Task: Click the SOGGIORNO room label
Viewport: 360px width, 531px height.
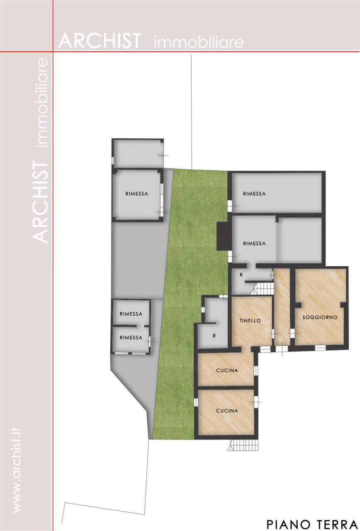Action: (x=320, y=317)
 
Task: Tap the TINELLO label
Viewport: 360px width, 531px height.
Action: (x=250, y=321)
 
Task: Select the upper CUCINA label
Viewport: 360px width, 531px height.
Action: (x=227, y=370)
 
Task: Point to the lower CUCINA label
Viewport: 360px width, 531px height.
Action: (x=227, y=411)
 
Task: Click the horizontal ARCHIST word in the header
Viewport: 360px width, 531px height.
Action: (x=100, y=41)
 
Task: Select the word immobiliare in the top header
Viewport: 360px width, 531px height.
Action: (x=199, y=42)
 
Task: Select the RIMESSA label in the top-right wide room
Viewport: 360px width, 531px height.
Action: (x=254, y=194)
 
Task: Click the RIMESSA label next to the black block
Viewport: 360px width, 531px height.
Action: (x=254, y=244)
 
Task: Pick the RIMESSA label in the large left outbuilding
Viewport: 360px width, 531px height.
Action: (x=136, y=194)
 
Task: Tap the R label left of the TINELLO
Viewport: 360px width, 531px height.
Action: (x=214, y=336)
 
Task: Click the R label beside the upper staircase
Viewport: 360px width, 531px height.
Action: (x=241, y=275)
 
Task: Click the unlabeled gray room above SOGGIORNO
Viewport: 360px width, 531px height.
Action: (x=299, y=240)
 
